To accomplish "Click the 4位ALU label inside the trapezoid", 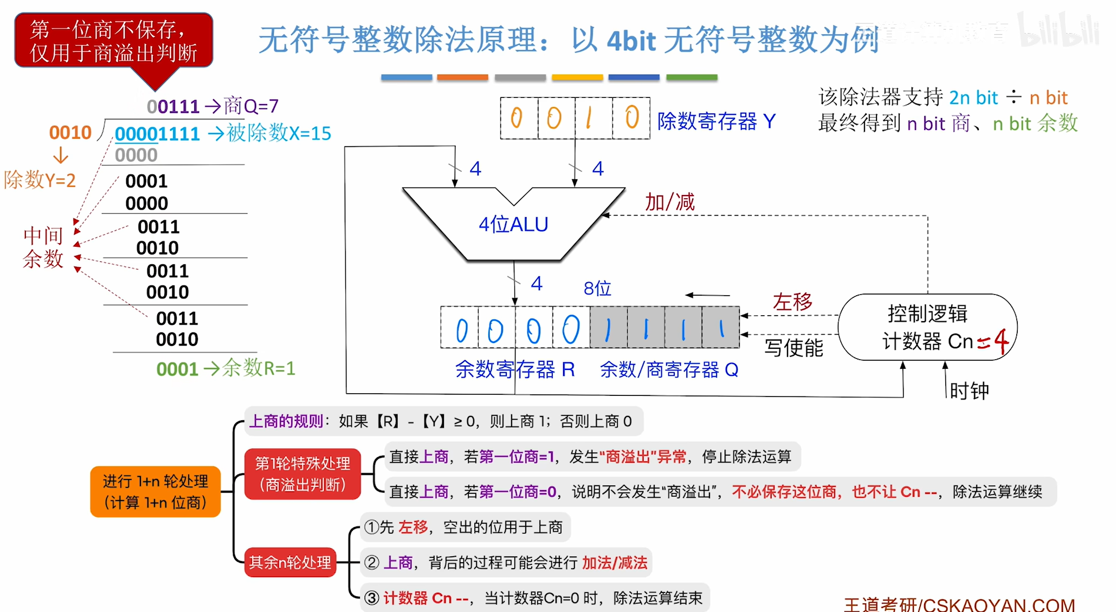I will [513, 224].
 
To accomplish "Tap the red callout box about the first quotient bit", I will [113, 41].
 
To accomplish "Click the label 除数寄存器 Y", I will [716, 121].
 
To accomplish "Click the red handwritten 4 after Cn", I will [1001, 341].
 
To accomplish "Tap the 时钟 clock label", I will [969, 390].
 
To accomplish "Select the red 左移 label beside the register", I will [792, 302].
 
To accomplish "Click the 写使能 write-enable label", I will [794, 348].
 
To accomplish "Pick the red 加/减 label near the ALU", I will [669, 202].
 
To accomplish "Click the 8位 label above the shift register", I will [597, 289].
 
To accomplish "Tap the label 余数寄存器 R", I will [514, 369].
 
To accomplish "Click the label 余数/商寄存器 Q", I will [669, 370].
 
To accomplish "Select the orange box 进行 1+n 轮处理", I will [156, 491].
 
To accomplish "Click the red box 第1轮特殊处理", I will [302, 474].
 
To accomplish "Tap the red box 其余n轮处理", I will [290, 563].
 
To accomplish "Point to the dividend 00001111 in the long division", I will [157, 134].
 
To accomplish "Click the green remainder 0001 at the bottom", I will [177, 369].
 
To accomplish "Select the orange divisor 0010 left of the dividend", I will [70, 133].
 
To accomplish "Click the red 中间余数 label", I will [43, 248].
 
